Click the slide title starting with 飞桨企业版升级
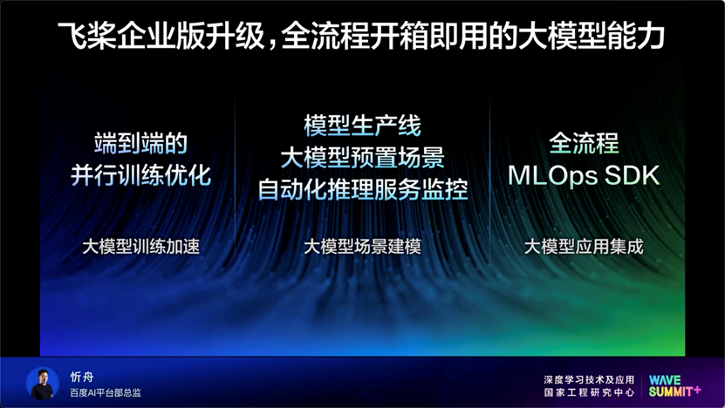[361, 36]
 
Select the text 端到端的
[141, 143]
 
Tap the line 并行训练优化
[141, 175]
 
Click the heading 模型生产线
[362, 126]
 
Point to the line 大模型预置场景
[362, 158]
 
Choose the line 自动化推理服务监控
[363, 189]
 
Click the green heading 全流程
[584, 143]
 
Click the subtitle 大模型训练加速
[141, 246]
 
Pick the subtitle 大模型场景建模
[362, 246]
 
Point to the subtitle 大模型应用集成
[584, 246]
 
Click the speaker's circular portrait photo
[43, 384]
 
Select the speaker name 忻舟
[82, 377]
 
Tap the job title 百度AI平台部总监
[106, 393]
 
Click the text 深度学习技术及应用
[589, 380]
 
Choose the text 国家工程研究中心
[589, 392]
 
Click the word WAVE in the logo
[665, 380]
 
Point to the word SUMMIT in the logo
[671, 391]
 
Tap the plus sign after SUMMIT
[697, 391]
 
